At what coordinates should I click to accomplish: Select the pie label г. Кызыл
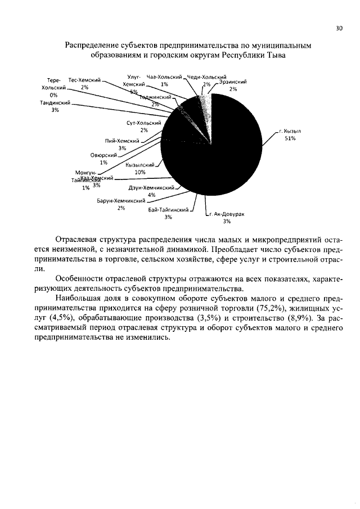tap(290, 130)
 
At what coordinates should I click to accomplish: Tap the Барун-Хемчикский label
tap(121, 200)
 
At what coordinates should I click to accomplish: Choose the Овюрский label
tap(103, 155)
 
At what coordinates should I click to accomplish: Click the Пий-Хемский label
tap(121, 141)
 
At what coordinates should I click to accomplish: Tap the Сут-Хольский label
tap(144, 123)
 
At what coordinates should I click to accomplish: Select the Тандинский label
tap(55, 103)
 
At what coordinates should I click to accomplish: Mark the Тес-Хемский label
tap(84, 80)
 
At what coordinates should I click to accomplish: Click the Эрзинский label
tap(233, 82)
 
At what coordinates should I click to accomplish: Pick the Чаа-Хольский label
tap(164, 76)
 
